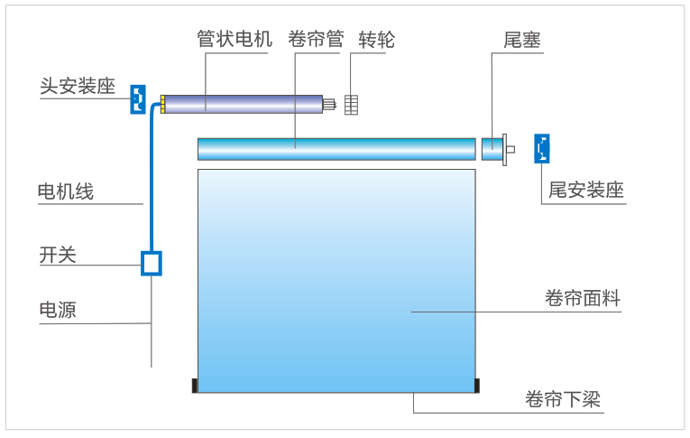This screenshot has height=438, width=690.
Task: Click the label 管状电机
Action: (x=234, y=40)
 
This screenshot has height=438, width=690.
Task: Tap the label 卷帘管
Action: (x=316, y=40)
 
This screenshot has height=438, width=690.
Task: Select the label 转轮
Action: (x=376, y=40)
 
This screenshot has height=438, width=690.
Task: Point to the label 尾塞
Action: (x=522, y=40)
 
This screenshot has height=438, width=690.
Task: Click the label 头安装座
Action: (x=78, y=87)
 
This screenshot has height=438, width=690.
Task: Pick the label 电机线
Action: (x=65, y=191)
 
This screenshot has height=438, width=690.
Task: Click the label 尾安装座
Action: (x=586, y=191)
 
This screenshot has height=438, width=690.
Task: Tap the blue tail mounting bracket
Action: (x=542, y=148)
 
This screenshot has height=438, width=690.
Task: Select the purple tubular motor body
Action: (x=242, y=104)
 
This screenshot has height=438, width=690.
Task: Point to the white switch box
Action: (x=152, y=262)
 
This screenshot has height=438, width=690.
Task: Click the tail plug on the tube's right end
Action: (x=493, y=148)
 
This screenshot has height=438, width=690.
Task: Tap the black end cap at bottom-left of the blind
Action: (x=194, y=387)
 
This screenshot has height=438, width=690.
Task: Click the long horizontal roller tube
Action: (x=336, y=149)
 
